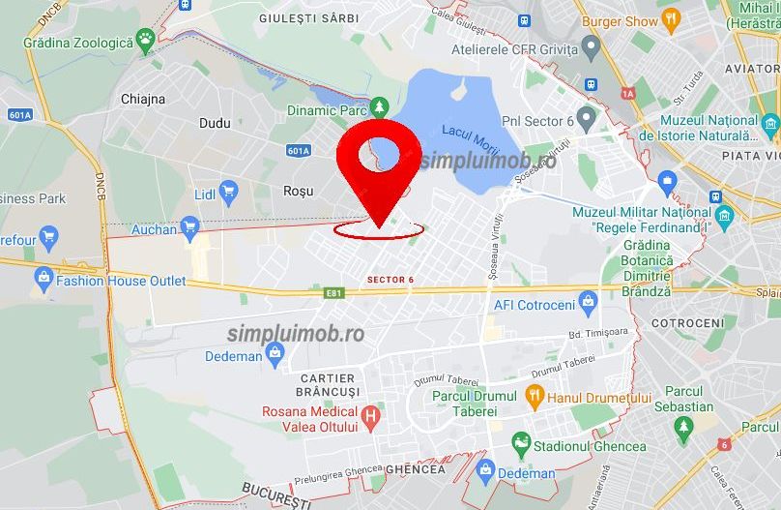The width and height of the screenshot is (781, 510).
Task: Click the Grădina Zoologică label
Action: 77,43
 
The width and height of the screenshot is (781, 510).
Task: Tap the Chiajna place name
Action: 143,99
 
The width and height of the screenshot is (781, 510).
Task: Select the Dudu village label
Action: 215,123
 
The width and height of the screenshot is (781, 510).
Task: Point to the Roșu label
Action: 298,191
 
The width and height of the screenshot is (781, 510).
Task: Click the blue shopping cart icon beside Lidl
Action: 229,190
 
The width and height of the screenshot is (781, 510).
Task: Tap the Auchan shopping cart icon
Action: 189,228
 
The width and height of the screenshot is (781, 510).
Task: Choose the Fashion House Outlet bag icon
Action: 43,279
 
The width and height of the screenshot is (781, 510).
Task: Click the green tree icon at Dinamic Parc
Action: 380,105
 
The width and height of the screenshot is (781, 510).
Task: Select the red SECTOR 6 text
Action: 390,280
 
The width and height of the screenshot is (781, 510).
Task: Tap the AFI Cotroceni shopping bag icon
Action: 587,302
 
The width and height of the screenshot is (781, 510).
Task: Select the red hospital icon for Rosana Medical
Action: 368,418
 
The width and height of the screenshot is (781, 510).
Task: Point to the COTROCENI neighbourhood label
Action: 687,322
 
